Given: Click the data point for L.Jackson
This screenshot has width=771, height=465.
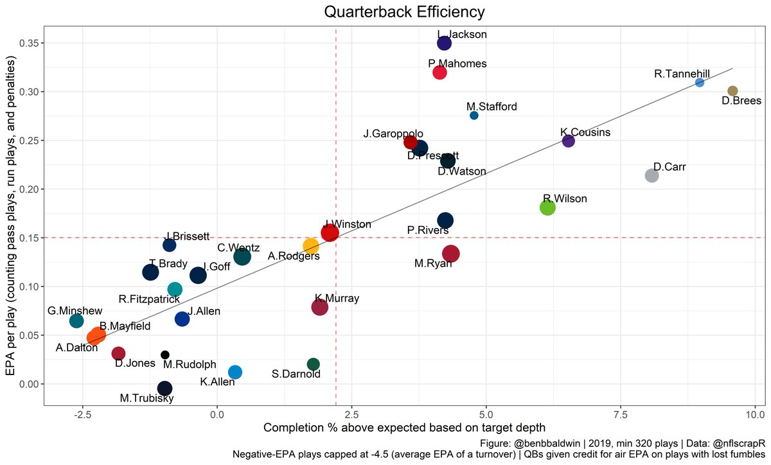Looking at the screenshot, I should coord(444,43).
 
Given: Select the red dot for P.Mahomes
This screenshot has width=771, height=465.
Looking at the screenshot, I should coord(439,72).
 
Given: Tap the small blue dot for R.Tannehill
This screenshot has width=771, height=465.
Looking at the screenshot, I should coord(700,82).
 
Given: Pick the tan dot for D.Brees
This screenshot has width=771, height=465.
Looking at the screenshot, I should coord(732,91).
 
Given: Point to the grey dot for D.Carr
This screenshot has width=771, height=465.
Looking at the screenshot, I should coord(651,175).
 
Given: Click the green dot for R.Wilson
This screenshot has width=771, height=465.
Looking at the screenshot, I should coord(547,207).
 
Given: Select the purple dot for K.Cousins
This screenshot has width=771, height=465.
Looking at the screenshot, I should coord(568,141).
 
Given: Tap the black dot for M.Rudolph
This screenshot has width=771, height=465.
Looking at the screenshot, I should coord(165,355).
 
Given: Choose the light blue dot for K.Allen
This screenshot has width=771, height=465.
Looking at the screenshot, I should coord(235,372).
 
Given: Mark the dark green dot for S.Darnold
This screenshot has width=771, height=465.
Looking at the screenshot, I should coord(314,364).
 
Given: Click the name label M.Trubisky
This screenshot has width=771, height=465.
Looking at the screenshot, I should coord(145,398).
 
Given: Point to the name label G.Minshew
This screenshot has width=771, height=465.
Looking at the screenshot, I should coord(74,311).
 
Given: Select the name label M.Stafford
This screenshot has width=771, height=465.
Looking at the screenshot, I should coord(492,107).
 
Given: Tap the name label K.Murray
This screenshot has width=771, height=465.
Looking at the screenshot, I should coord(337,299).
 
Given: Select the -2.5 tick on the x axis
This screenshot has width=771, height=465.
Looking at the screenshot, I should coord(82,414).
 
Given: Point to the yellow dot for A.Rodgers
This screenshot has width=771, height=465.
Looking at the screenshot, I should coord(310,246).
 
